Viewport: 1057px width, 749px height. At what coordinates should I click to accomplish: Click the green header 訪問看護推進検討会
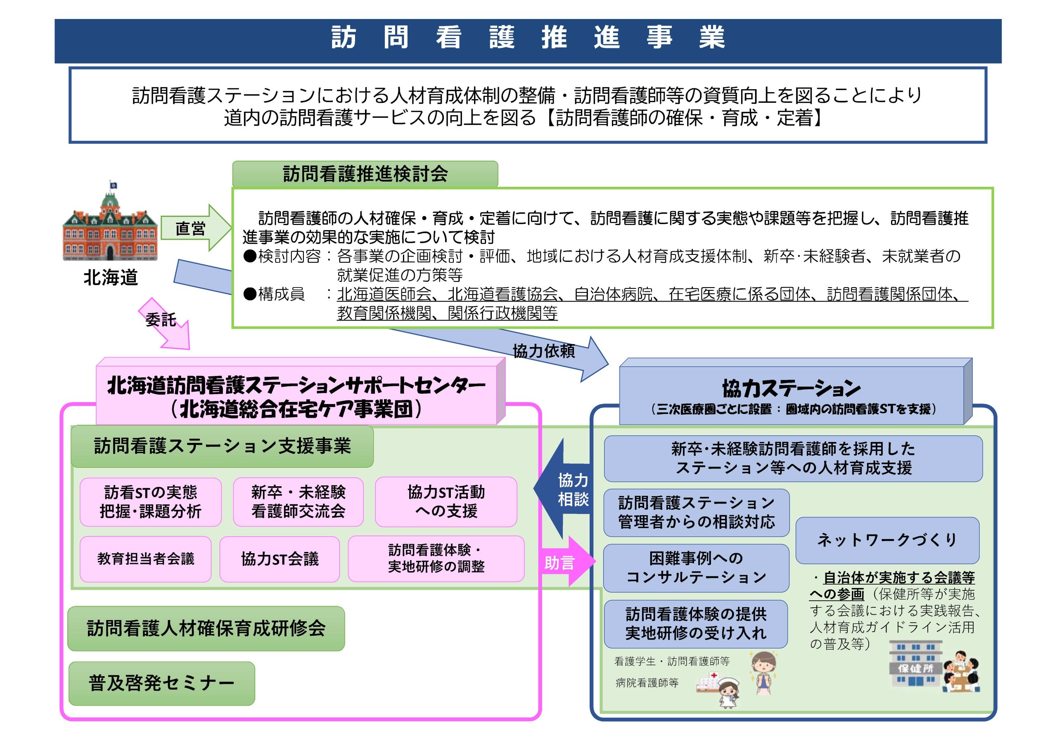coord(365,174)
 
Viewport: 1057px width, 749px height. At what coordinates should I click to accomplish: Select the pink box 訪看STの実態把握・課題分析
coord(150,502)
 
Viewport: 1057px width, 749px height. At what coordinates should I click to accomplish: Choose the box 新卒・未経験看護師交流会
coord(298,502)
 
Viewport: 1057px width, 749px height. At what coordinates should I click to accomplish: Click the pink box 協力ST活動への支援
coord(446,502)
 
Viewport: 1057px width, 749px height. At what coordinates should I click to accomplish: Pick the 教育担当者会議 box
coord(145,559)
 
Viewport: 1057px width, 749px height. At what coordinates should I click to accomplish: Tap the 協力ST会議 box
coord(280,559)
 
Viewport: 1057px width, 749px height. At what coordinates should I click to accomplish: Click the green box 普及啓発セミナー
coord(161,683)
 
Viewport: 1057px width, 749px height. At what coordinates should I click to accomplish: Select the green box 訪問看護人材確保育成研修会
coord(206,628)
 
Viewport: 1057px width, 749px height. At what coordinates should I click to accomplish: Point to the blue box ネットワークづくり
coord(887,540)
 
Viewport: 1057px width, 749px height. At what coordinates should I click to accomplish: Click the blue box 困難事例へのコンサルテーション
coord(696,568)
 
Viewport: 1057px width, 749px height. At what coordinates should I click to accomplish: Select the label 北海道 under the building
coord(111,278)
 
